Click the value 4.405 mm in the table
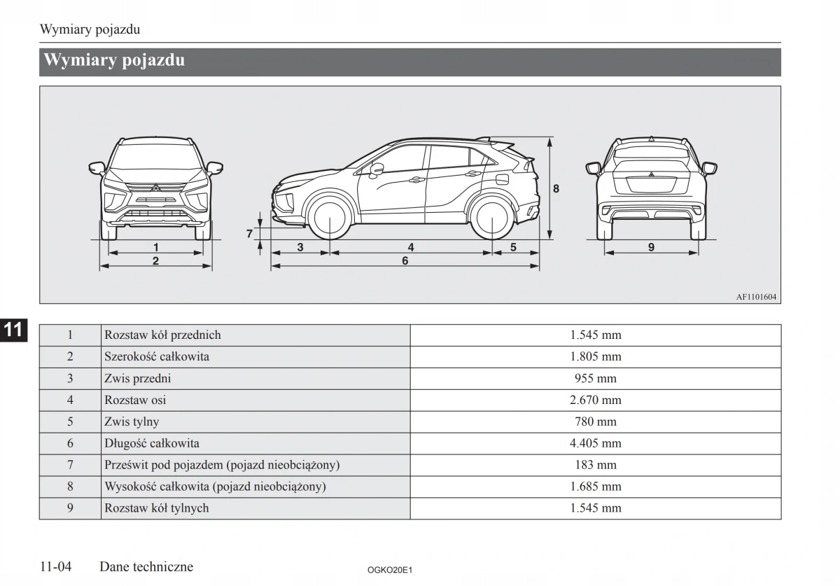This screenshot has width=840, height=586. click(595, 443)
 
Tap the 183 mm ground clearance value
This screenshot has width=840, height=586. click(595, 465)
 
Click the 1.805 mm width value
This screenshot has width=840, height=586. click(595, 356)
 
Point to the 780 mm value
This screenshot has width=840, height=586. click(595, 421)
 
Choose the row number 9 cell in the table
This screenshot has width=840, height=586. click(70, 508)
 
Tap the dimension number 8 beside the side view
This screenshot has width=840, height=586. click(556, 188)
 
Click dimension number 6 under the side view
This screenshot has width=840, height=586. click(405, 260)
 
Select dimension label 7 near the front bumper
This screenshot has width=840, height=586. click(248, 234)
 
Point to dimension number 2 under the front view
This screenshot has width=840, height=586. click(155, 260)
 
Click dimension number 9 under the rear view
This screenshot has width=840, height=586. click(651, 247)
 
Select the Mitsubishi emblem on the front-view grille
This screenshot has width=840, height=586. click(155, 188)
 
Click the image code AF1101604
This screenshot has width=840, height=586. click(756, 297)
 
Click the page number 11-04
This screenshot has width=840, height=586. click(57, 566)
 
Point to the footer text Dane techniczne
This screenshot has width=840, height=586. click(146, 566)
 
